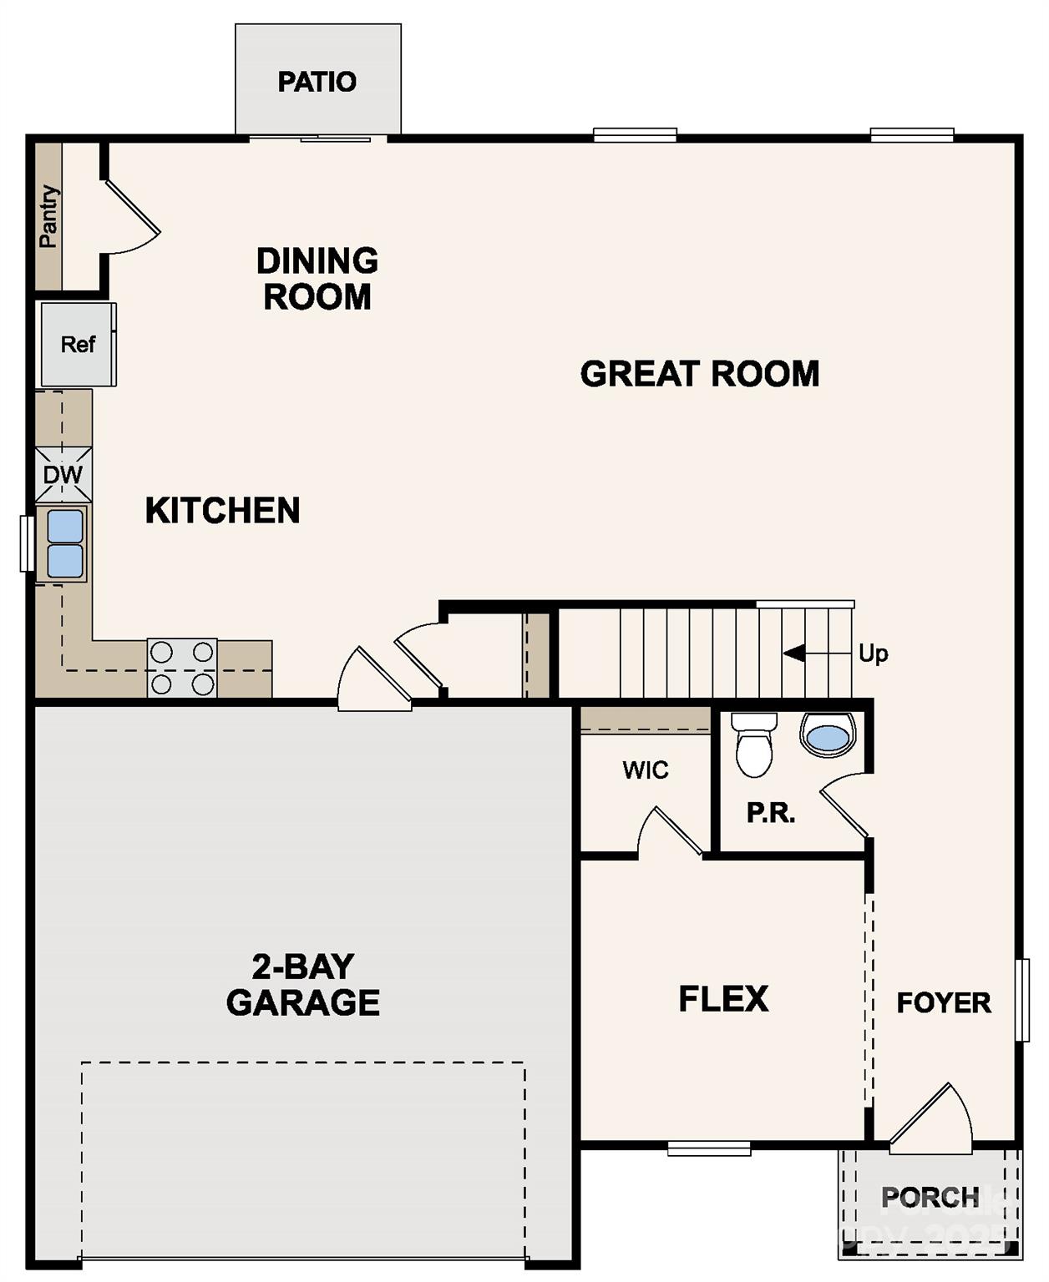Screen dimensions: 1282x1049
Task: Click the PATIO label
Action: tap(317, 82)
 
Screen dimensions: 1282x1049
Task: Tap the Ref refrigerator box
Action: tap(78, 344)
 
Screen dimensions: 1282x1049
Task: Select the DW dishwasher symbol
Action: tap(63, 475)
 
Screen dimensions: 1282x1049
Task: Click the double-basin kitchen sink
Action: tap(64, 544)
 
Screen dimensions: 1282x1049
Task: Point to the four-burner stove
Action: tap(182, 668)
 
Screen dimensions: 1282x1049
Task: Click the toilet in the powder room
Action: tap(754, 744)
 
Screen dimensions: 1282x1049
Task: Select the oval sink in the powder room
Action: tap(828, 736)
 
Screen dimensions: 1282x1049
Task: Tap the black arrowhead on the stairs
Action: tap(794, 653)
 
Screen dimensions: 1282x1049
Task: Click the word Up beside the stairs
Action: tap(873, 653)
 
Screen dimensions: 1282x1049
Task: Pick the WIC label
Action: tap(645, 770)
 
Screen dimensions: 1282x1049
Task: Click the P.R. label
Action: tap(770, 813)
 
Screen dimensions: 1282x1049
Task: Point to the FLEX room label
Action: tap(723, 999)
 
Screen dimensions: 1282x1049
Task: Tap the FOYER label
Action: tap(944, 1002)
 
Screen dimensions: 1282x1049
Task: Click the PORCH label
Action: tap(930, 1198)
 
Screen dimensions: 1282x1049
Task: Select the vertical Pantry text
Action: tap(48, 216)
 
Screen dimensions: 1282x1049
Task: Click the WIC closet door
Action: tap(671, 832)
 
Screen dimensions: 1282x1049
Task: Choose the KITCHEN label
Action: tap(222, 511)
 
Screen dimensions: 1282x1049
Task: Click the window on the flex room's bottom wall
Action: tap(709, 1148)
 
